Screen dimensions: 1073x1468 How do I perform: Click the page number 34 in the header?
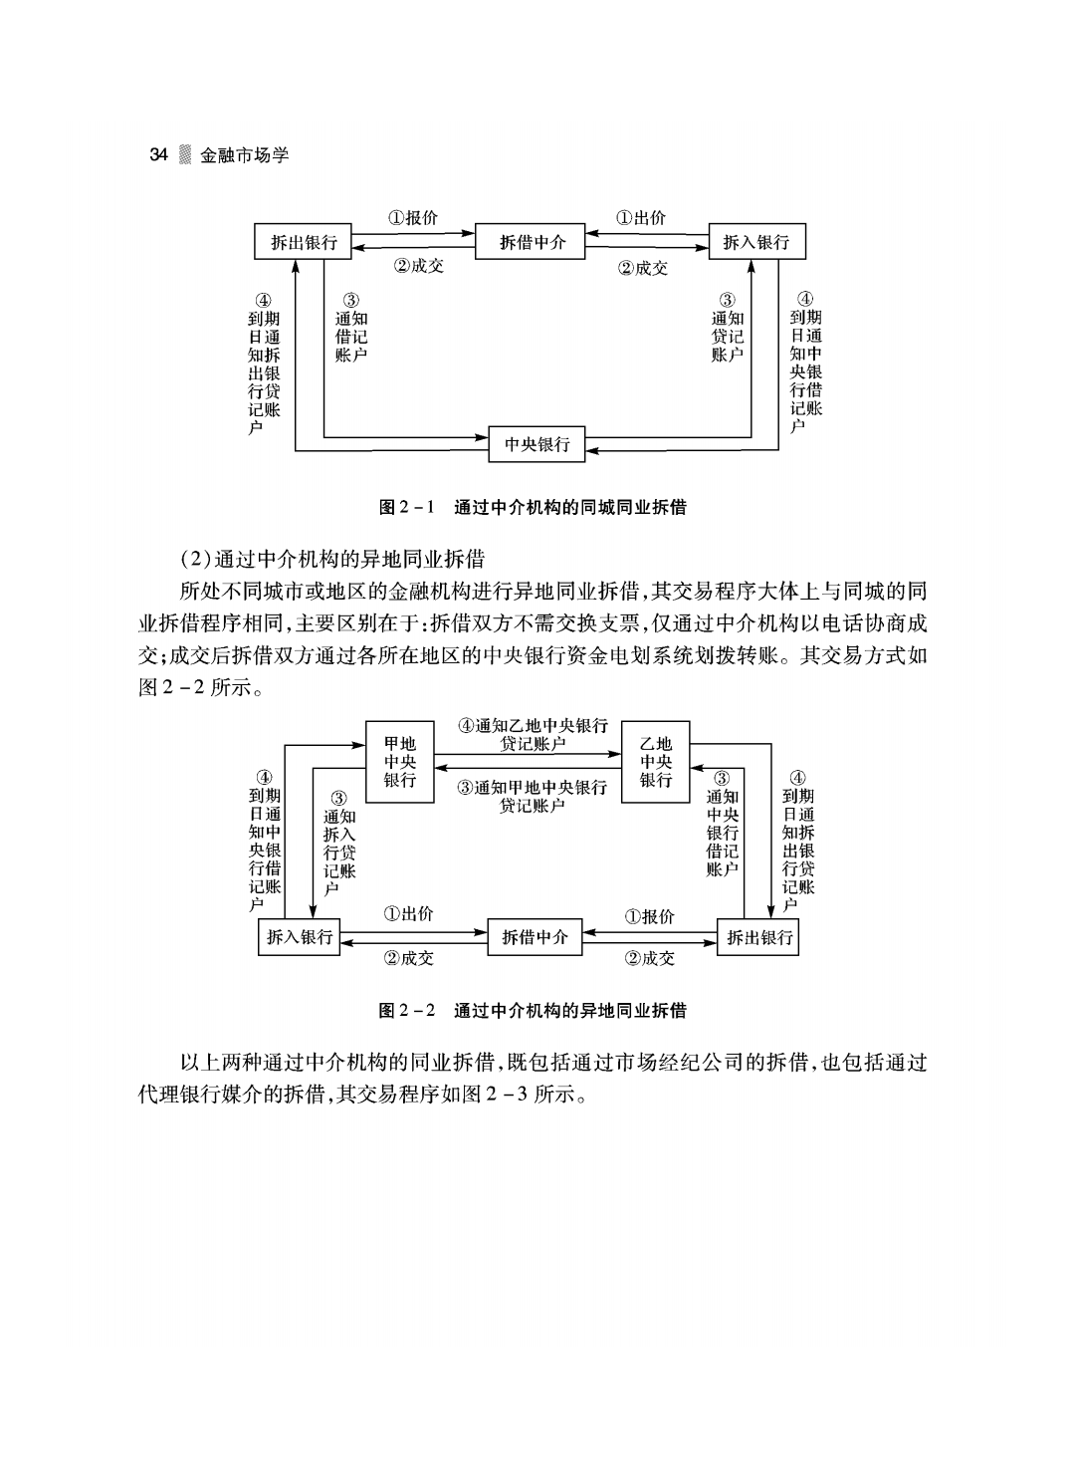158,154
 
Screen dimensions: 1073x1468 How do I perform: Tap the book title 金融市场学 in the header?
244,155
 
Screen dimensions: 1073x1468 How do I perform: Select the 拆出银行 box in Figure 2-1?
303,242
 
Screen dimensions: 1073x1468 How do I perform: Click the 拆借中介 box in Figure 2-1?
530,242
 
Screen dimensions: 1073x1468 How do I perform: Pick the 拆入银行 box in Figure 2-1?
757,242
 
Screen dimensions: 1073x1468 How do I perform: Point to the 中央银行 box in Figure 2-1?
536,444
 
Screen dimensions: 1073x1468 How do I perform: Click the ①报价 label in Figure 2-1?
413,217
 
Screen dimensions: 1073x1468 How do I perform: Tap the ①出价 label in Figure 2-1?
640,217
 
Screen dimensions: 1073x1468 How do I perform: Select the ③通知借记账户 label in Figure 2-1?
351,328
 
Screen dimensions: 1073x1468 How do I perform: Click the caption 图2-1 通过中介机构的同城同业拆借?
533,507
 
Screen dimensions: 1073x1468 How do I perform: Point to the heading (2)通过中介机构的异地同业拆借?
332,559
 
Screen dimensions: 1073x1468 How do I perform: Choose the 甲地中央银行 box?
399,762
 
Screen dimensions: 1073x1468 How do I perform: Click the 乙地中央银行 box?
655,762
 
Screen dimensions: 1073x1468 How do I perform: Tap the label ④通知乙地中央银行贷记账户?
534,735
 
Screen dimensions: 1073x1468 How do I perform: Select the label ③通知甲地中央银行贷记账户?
533,796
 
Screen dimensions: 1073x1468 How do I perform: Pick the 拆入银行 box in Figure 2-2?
299,937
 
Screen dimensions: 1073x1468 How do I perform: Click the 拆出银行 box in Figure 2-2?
757,937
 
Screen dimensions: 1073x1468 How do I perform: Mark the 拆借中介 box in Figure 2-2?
535,937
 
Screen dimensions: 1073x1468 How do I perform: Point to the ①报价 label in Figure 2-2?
649,916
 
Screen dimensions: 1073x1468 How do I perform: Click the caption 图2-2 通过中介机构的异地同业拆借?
533,1011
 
